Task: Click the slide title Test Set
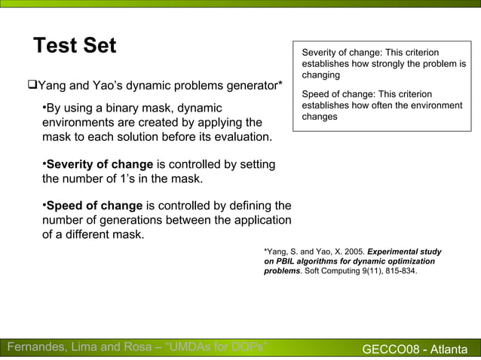[x=75, y=46]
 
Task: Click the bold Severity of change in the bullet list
[x=100, y=165]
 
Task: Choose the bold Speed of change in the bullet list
[x=94, y=206]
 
